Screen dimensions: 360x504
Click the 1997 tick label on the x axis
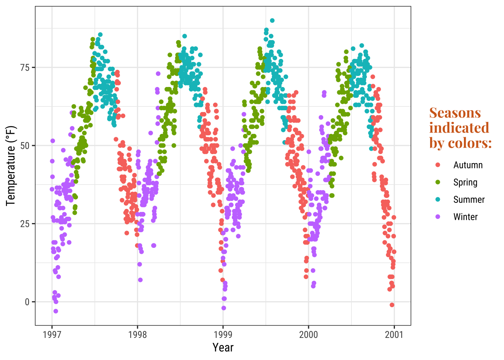click(x=52, y=334)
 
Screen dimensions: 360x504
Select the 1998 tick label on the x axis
click(x=138, y=334)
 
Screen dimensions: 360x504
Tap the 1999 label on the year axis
click(x=223, y=334)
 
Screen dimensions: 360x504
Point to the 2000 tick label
click(x=309, y=334)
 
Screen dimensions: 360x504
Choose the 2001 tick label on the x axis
click(x=394, y=334)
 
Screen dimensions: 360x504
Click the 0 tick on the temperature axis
click(x=27, y=302)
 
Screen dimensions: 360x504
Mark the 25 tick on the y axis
click(x=25, y=224)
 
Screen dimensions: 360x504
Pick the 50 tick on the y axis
click(x=25, y=145)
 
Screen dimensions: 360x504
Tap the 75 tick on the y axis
click(x=25, y=67)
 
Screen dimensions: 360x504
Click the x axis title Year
click(x=223, y=348)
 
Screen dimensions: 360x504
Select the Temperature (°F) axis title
click(x=11, y=166)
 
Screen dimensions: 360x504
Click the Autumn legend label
click(x=468, y=165)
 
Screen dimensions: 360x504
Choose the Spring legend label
click(x=465, y=182)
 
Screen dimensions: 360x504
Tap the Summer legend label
click(x=469, y=199)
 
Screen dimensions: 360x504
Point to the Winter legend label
click(x=465, y=217)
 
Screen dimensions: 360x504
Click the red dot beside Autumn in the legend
click(x=438, y=165)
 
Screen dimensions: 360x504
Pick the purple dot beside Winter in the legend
click(x=438, y=217)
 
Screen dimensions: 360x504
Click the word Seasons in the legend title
click(x=455, y=113)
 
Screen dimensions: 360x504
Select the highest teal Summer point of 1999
click(x=272, y=21)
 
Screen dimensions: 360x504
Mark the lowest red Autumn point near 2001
click(x=392, y=305)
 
